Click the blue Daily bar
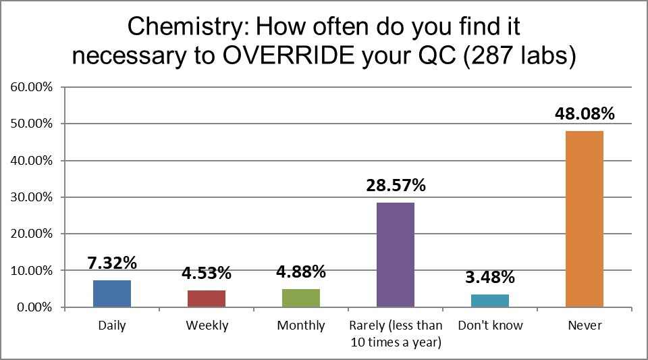click(112, 294)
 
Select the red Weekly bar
click(207, 299)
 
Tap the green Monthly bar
click(301, 298)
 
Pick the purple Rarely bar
click(396, 255)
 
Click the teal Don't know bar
click(490, 301)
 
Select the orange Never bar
click(585, 219)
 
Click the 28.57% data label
click(396, 185)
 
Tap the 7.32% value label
click(112, 263)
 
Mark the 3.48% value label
click(490, 277)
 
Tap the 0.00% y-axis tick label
click(34, 307)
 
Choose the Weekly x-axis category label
click(207, 326)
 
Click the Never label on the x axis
click(585, 326)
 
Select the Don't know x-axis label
click(490, 326)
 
